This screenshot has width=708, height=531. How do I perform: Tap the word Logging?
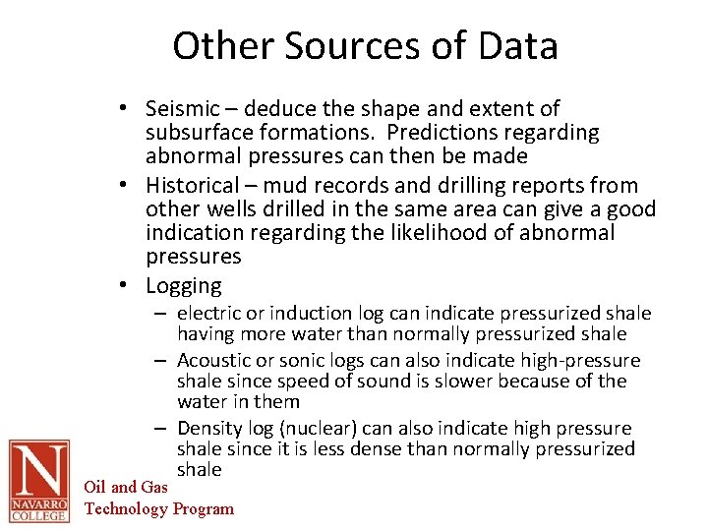184,286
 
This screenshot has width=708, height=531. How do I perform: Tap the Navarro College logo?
38,481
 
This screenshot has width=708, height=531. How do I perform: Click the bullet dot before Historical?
130,186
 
